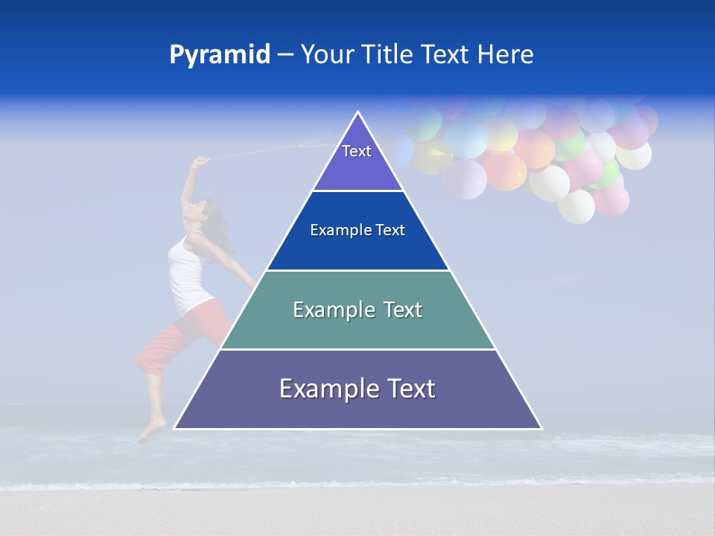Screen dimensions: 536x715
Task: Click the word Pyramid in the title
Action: pos(219,55)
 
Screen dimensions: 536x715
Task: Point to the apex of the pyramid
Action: pos(357,112)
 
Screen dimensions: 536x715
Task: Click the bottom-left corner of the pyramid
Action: pos(175,428)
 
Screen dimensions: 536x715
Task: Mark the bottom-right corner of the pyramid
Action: pos(540,428)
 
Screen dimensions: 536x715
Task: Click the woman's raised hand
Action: pos(200,161)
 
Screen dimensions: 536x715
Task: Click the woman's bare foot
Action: pos(152,432)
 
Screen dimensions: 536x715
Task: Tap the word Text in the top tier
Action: pos(357,151)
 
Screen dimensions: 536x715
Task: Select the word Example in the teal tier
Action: pos(327,310)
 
